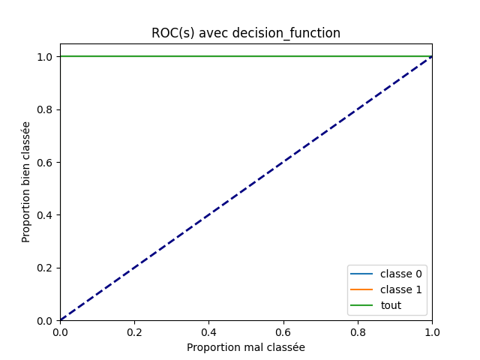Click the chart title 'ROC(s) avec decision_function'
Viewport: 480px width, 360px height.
click(246, 33)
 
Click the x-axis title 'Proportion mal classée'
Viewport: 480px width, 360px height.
click(246, 347)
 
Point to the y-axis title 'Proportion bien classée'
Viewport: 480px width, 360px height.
click(26, 181)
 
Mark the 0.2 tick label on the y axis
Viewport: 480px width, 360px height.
click(46, 268)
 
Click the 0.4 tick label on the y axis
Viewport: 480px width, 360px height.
click(46, 215)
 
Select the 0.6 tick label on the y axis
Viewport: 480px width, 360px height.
click(46, 162)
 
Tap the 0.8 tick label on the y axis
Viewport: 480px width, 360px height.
click(46, 109)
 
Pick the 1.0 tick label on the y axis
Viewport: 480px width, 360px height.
click(46, 57)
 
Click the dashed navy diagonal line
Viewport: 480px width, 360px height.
click(246, 188)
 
